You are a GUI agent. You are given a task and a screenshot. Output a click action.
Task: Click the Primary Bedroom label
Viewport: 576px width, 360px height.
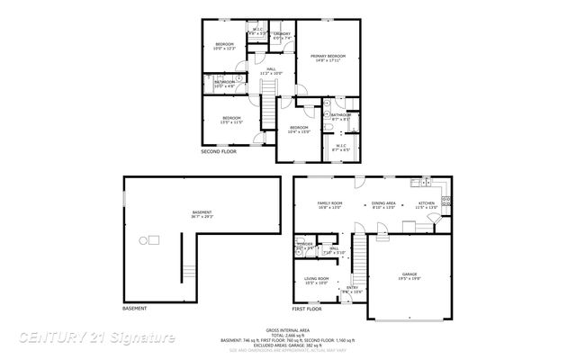tap(328, 58)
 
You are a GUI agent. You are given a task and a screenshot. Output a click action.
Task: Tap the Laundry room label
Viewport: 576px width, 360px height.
tap(282, 34)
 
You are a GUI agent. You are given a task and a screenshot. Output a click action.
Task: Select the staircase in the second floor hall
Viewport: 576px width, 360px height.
tap(266, 91)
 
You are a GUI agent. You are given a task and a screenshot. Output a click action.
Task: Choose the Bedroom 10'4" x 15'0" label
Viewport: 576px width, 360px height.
tap(299, 130)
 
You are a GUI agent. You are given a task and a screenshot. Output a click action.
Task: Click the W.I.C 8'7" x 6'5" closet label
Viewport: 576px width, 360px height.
tap(341, 148)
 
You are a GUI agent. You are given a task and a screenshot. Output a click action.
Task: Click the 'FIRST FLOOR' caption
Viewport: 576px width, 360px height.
tap(308, 309)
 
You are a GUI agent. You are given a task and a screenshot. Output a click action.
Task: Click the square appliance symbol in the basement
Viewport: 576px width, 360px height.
tap(153, 239)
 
